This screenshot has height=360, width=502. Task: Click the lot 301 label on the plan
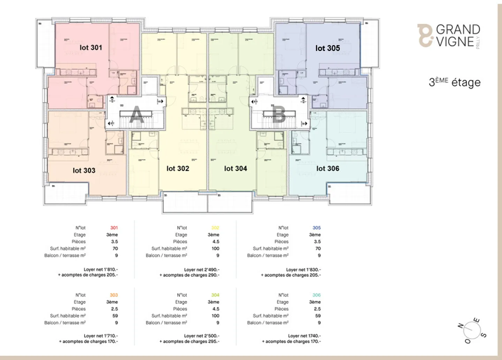pos(91,47)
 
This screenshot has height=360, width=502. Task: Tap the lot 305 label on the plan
pos(327,48)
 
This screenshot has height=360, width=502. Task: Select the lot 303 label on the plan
pos(84,170)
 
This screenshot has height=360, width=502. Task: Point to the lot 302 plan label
pos(178,168)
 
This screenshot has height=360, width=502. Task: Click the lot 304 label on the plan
pos(236,168)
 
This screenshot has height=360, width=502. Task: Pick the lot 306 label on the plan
pos(328,168)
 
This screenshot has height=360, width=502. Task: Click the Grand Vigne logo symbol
pos(425,35)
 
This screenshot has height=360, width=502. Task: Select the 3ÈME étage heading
pos(455,82)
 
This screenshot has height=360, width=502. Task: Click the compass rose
pos(472,330)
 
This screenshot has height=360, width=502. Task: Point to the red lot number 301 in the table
pos(114,228)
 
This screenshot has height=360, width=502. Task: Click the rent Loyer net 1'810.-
pos(101,269)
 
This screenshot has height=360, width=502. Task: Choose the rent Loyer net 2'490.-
pos(202,269)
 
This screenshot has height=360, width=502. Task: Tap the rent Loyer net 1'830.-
pos(303,269)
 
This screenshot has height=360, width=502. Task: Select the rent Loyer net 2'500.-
pos(202,336)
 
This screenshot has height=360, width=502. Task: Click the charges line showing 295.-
pos(190,342)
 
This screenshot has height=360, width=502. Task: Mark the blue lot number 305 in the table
pos(317,228)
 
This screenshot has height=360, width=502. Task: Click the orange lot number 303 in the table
pos(114,295)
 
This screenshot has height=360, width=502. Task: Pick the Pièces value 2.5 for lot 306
pos(317,309)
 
